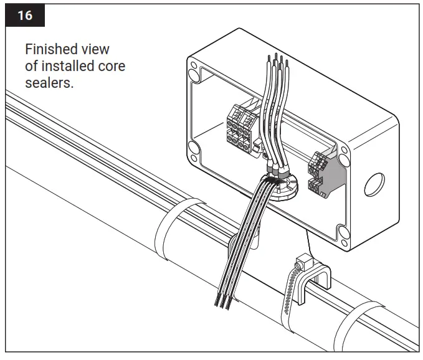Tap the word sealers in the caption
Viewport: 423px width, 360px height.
pyautogui.click(x=49, y=83)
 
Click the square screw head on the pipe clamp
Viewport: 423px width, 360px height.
pyautogui.click(x=303, y=259)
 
